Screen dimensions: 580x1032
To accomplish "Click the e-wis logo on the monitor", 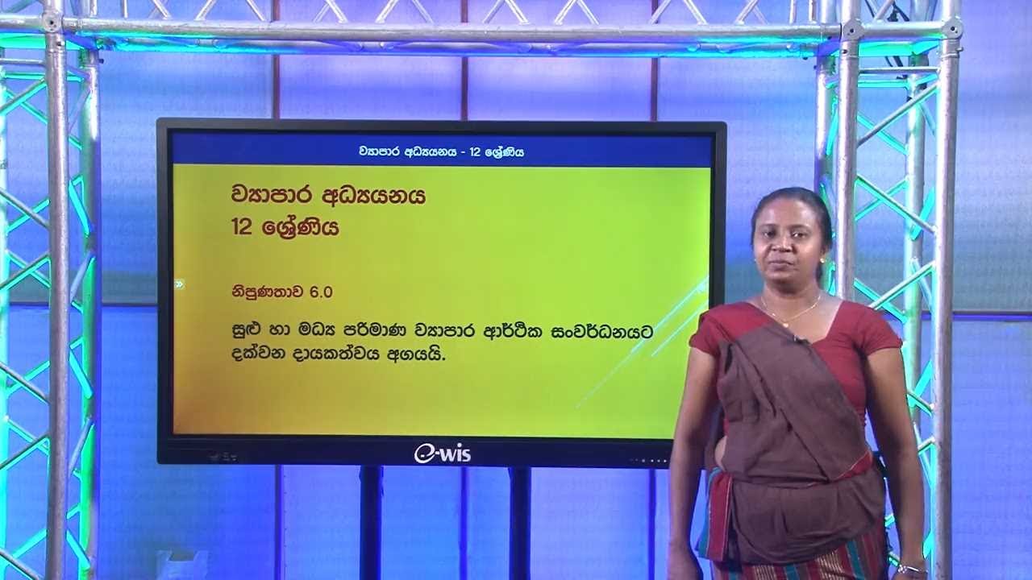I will pos(442,454).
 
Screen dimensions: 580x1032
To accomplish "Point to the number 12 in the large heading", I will pos(242,228).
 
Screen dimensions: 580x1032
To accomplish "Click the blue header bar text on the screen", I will pos(441,151).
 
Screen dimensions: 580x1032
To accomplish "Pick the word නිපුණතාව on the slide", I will pos(264,292).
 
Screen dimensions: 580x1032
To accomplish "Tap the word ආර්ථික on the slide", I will pos(511,331).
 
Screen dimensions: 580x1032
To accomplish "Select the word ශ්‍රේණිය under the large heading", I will pos(302,228).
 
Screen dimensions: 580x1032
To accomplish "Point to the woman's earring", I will pos(822,261).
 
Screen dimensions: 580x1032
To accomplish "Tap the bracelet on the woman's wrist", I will pos(910,568).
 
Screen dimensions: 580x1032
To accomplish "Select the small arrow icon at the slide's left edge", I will pos(179,284).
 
